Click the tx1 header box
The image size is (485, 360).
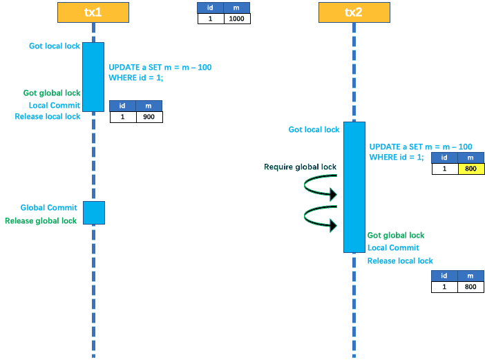pos(93,12)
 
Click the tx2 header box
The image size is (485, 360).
pos(354,12)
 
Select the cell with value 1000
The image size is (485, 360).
pos(237,19)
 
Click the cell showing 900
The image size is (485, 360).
pos(149,117)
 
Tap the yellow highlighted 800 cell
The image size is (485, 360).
pos(470,169)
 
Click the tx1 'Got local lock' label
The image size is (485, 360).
pos(55,46)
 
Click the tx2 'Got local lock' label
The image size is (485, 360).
pos(314,129)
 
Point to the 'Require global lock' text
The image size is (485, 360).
pos(300,167)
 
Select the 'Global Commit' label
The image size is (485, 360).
pos(48,207)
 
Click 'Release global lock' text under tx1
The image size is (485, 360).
pos(41,221)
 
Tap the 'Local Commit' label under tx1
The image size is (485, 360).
pos(55,106)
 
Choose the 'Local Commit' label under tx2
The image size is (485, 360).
pos(393,248)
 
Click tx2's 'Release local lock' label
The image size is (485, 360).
pos(400,261)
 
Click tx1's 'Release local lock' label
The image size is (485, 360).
pos(48,117)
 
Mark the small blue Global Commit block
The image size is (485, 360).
pos(94,213)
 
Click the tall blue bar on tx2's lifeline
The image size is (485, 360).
pos(354,187)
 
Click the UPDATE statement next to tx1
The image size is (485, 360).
pos(160,73)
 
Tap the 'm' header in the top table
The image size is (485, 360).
pos(237,8)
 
